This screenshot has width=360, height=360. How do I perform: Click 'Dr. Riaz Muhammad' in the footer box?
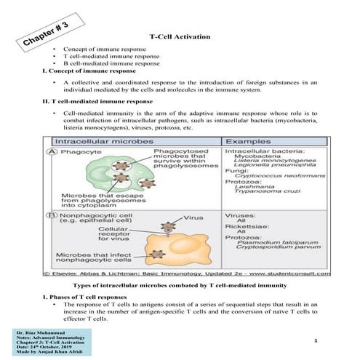36,331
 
